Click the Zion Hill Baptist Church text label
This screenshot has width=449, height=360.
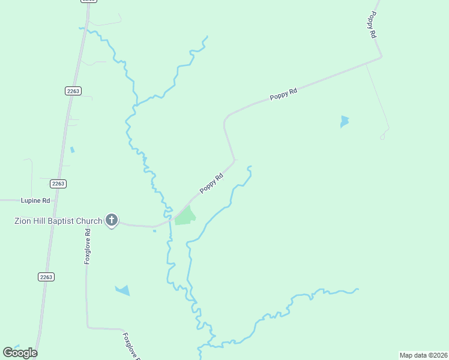[x=58, y=221]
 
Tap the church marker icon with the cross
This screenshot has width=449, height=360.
[x=111, y=220]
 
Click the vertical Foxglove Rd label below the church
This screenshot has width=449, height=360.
[x=88, y=246]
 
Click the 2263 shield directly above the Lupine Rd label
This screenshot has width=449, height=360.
[x=58, y=184]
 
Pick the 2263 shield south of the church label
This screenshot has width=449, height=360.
[x=46, y=277]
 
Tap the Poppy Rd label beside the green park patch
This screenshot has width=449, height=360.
[x=211, y=183]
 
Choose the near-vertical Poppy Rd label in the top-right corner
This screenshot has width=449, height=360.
[x=373, y=25]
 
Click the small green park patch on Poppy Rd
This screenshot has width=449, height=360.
[x=185, y=215]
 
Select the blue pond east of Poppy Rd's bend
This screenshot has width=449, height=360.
[x=344, y=121]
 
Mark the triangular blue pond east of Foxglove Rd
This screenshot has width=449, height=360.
[x=122, y=290]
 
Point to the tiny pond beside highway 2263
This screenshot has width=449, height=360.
[x=73, y=149]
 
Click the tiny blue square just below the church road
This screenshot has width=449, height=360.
[x=154, y=231]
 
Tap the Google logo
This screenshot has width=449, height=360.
[x=20, y=352]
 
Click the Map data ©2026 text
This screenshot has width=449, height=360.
[x=423, y=355]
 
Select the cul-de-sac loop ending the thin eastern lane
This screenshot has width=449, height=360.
[x=382, y=137]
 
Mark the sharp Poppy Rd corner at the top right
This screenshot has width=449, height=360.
[x=381, y=58]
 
